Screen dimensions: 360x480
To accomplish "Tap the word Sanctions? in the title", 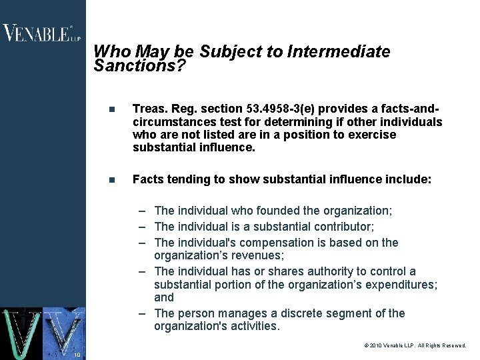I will (x=139, y=66).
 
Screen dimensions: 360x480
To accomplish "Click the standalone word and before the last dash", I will (x=164, y=297).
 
